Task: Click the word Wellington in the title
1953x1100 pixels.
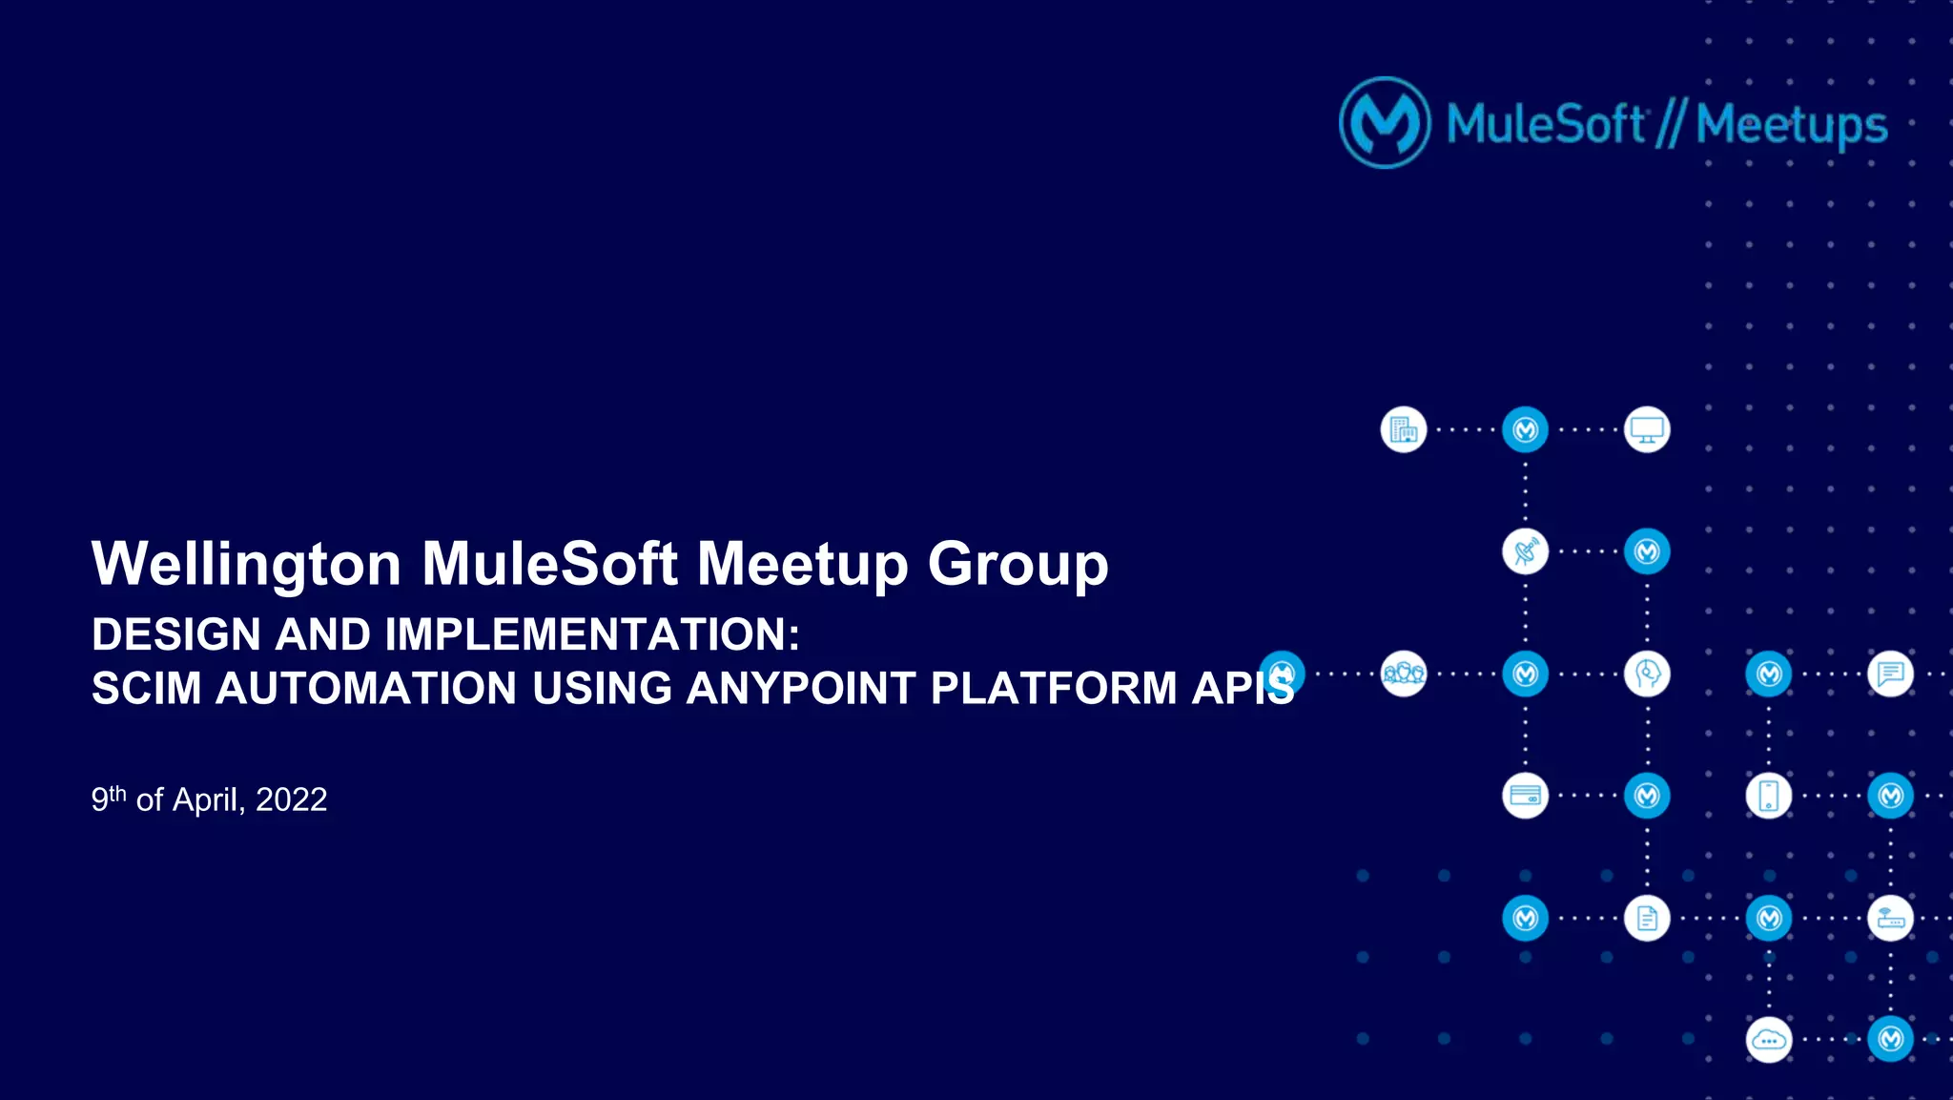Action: click(x=246, y=564)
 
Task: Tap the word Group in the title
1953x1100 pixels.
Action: click(x=1018, y=564)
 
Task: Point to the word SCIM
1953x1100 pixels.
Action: click(x=146, y=689)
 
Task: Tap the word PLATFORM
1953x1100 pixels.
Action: click(x=1053, y=689)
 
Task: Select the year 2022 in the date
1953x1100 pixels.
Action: click(x=291, y=799)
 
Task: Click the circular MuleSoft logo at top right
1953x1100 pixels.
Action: click(x=1385, y=123)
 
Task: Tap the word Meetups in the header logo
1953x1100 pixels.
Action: click(x=1791, y=126)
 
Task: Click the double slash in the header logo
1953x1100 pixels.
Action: click(x=1670, y=125)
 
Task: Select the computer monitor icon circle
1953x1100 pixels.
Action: click(x=1647, y=430)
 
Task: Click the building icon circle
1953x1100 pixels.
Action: click(x=1404, y=430)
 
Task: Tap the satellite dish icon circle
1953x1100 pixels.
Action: click(x=1525, y=552)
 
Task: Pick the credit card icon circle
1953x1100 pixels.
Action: click(x=1525, y=796)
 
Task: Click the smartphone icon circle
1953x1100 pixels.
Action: click(x=1769, y=796)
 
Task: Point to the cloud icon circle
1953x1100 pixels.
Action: click(x=1769, y=1040)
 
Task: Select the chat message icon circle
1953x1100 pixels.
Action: click(x=1891, y=675)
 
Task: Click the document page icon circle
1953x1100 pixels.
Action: click(x=1647, y=919)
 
